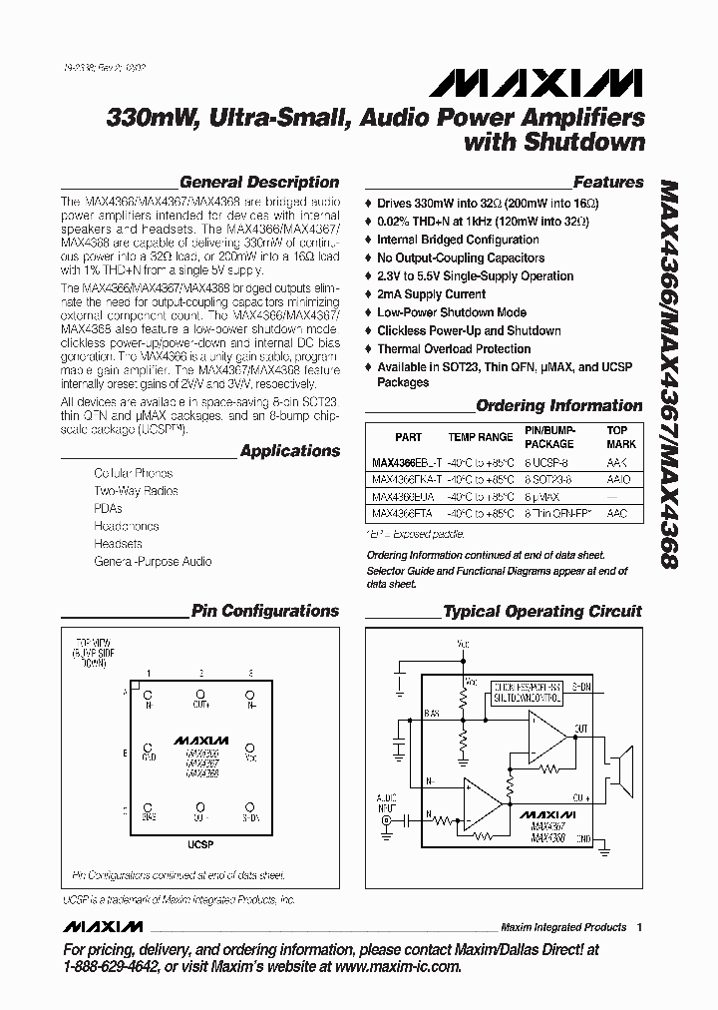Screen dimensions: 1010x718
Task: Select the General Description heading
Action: (x=258, y=183)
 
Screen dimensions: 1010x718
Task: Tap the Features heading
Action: (x=608, y=183)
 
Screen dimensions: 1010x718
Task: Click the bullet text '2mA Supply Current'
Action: (x=431, y=294)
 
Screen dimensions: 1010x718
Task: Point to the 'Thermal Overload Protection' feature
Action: (x=454, y=349)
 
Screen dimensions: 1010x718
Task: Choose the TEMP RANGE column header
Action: (x=480, y=437)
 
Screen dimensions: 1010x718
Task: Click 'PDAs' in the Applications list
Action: (x=108, y=508)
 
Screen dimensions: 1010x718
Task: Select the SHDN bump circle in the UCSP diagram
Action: (x=250, y=805)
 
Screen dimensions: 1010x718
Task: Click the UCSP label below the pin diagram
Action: (x=200, y=844)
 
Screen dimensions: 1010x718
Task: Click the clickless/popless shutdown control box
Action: (x=527, y=694)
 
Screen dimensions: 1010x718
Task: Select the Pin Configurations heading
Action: (x=265, y=612)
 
